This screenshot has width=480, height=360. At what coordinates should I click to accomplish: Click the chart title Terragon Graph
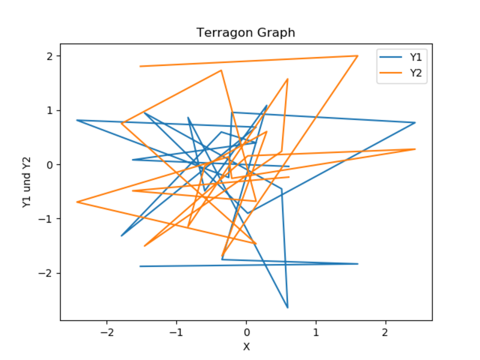246,33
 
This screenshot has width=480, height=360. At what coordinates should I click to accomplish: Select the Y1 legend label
416,58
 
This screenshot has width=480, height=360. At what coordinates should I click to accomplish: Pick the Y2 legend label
416,73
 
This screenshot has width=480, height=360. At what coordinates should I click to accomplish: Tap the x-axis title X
246,347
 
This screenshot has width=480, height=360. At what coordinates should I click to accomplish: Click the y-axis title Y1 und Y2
26,182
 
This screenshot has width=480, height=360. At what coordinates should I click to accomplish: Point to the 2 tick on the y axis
50,56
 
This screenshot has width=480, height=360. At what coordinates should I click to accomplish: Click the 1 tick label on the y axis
50,110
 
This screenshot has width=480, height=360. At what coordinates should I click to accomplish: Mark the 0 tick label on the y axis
50,164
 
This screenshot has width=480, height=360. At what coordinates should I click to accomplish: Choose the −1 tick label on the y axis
47,219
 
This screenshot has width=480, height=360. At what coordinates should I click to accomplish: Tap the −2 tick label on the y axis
47,273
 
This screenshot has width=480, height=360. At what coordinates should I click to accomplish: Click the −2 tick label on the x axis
107,332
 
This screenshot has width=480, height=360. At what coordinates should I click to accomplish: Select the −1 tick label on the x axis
176,332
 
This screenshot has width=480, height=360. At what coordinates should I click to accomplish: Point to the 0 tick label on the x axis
246,332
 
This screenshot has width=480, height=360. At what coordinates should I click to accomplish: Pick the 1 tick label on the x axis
316,332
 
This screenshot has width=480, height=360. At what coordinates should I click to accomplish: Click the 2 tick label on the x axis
385,332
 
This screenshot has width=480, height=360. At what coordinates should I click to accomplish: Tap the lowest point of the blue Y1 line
287,308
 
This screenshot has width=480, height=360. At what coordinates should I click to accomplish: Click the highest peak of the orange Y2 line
358,56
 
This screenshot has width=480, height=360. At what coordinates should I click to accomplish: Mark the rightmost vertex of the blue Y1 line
415,122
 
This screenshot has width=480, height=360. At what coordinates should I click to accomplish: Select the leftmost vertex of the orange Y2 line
77,202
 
